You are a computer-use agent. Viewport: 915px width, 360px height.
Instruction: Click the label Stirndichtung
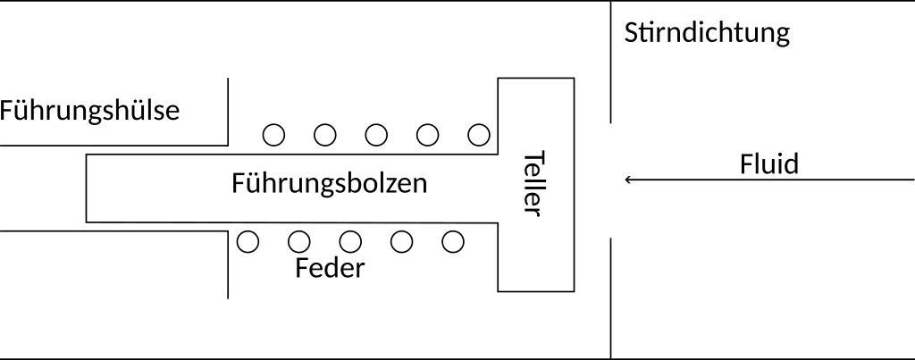click(707, 33)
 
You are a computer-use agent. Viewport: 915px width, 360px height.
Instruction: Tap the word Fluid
click(768, 164)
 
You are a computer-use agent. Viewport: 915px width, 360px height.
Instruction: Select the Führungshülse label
click(89, 111)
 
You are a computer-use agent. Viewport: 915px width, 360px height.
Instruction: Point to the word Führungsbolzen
click(329, 183)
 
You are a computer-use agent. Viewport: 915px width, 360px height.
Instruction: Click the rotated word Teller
click(533, 183)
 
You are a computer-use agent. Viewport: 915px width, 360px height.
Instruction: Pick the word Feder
click(330, 268)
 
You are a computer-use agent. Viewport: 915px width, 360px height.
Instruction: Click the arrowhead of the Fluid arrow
click(628, 180)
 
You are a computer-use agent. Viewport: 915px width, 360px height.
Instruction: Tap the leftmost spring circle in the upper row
click(273, 135)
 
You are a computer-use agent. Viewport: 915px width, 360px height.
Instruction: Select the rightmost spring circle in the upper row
click(480, 135)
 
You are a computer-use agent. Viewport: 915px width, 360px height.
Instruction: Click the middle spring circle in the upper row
click(377, 135)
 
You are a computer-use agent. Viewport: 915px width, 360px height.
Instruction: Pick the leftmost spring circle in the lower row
click(248, 241)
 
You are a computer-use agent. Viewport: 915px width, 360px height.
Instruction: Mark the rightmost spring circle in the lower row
click(454, 241)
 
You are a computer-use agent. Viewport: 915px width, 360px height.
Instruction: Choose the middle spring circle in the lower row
click(350, 241)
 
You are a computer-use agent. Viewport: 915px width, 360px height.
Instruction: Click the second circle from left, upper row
click(325, 135)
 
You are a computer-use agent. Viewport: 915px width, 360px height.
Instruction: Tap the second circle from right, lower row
click(402, 241)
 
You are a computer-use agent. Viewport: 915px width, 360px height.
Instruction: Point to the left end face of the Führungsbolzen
click(87, 188)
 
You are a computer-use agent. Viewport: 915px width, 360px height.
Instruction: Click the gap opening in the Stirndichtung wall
click(611, 180)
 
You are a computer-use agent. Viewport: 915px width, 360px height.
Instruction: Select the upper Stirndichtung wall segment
click(611, 63)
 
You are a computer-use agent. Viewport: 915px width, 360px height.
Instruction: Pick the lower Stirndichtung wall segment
click(611, 297)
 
